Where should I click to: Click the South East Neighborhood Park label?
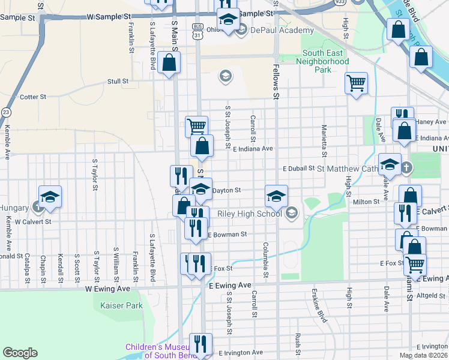322,61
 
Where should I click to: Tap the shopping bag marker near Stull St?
170,62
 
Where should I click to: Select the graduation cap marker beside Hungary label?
50,196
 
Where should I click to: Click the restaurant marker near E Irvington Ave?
200,344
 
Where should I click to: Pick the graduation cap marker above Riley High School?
276,196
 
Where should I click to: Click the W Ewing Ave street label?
108,289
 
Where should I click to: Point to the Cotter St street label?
33,97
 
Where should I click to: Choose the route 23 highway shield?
6,112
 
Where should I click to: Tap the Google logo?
20,352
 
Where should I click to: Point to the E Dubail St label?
298,169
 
